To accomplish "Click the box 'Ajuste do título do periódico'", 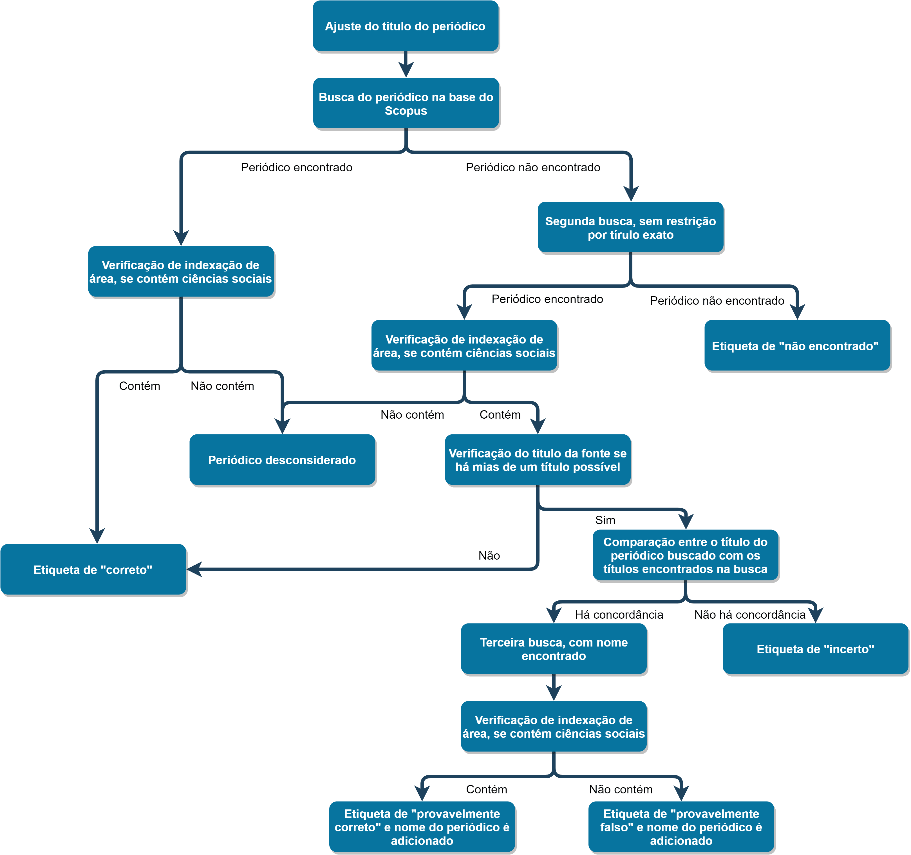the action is (406, 26).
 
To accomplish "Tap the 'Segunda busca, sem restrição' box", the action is (630, 227).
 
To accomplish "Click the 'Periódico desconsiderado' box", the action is (282, 460).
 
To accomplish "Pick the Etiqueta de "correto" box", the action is (93, 569).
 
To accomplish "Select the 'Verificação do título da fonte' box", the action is (538, 460).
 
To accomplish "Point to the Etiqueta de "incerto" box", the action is (816, 649).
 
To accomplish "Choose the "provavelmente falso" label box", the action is (681, 827).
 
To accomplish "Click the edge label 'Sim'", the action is (605, 520).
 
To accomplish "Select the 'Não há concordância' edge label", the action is (750, 614).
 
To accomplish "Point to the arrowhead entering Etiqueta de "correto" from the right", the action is (194, 569).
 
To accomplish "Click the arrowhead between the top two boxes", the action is (406, 70).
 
